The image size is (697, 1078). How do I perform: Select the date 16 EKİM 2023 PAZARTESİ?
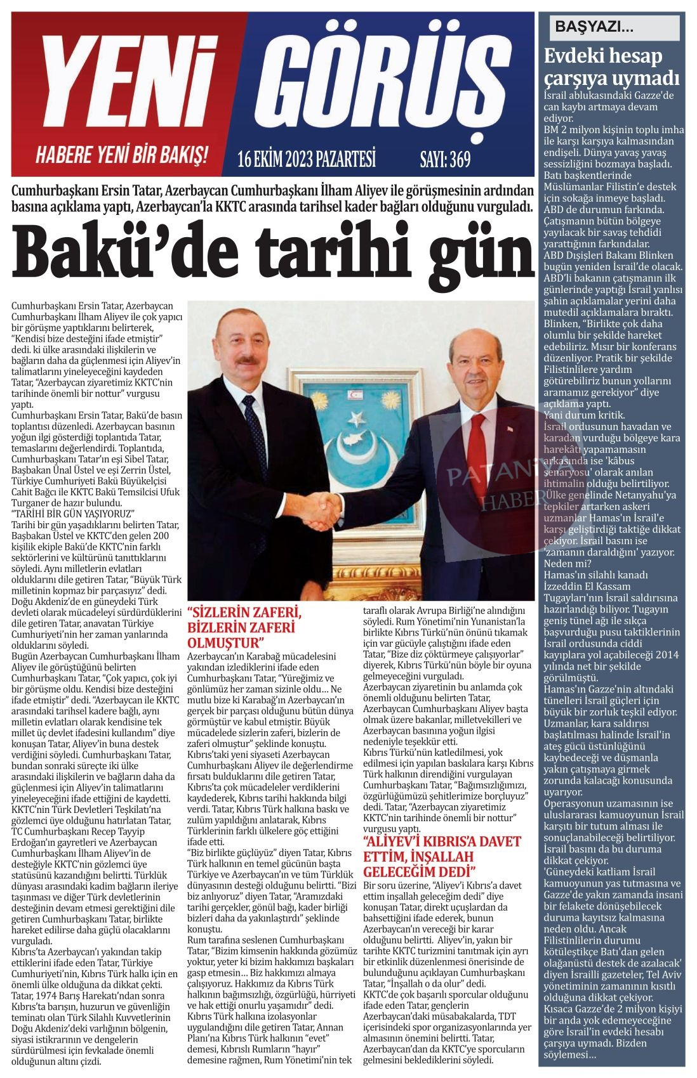[x=307, y=159]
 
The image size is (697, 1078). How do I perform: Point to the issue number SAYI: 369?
[x=446, y=159]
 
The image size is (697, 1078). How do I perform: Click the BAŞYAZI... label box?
[x=610, y=27]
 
